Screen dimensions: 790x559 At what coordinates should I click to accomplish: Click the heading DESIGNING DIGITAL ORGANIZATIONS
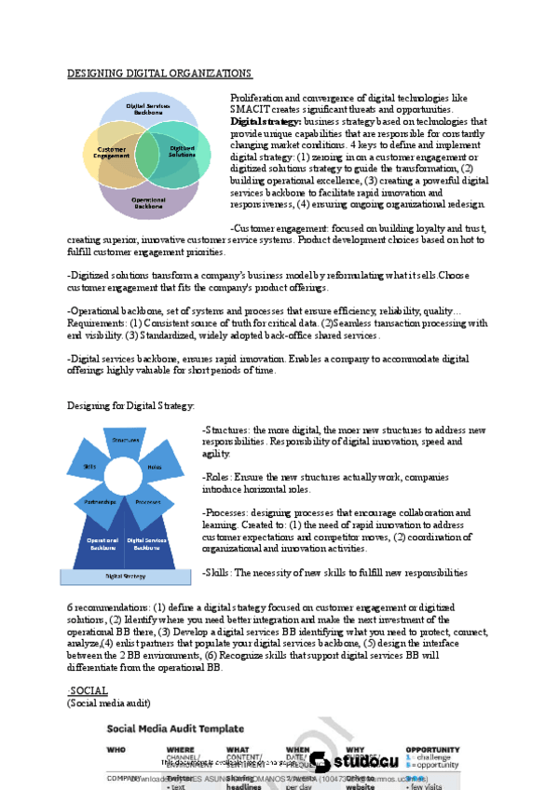click(158, 73)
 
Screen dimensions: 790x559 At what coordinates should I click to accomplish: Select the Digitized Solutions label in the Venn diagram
click(182, 151)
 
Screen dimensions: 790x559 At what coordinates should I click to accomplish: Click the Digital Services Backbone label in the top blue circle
click(148, 109)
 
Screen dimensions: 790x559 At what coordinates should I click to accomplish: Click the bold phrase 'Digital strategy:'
click(265, 121)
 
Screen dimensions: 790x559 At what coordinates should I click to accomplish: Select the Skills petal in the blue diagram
click(89, 466)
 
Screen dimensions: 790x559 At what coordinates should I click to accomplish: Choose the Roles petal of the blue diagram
click(155, 467)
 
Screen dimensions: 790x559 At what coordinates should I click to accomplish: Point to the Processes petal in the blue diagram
click(149, 502)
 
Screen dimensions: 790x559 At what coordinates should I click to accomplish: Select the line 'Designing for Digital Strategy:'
click(118, 405)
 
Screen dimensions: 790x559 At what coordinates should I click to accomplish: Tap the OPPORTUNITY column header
click(432, 748)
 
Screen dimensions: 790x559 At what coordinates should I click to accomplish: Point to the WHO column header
click(116, 748)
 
